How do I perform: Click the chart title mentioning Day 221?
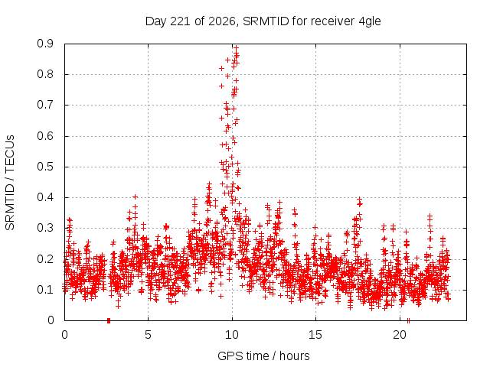(263, 21)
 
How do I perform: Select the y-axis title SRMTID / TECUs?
(10, 183)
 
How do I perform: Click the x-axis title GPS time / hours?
(263, 356)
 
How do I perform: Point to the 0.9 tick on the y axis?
(45, 44)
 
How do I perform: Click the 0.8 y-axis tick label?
(45, 74)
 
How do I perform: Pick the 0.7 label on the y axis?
(45, 105)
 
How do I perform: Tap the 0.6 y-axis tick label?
(45, 136)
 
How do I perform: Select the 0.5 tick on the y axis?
(45, 167)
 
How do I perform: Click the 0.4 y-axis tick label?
(45, 197)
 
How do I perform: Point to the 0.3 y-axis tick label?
(45, 228)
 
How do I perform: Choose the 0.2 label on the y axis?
(45, 258)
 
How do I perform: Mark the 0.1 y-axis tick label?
(45, 290)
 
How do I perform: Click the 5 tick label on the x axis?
(148, 335)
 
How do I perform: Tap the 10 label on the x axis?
(232, 335)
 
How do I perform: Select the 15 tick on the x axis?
(315, 335)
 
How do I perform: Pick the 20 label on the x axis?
(400, 335)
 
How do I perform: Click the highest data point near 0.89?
(237, 47)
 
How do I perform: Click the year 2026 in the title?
(222, 21)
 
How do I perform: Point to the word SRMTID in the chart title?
(266, 21)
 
